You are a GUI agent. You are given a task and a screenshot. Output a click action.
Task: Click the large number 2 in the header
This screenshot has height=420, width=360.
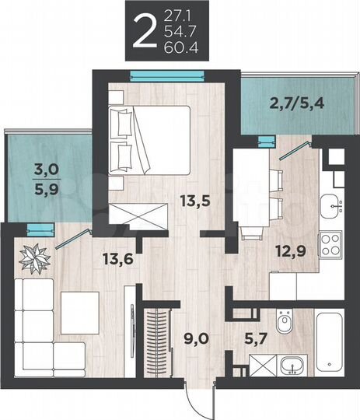[x=142, y=30]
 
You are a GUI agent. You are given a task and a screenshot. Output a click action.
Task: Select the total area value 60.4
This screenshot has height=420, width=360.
[x=180, y=46]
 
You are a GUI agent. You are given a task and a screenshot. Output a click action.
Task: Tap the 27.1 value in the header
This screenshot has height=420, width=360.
[x=180, y=14]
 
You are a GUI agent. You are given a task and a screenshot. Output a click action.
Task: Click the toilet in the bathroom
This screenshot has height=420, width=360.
[x=285, y=320]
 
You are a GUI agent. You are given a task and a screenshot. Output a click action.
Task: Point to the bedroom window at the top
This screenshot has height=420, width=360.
[x=168, y=74]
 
